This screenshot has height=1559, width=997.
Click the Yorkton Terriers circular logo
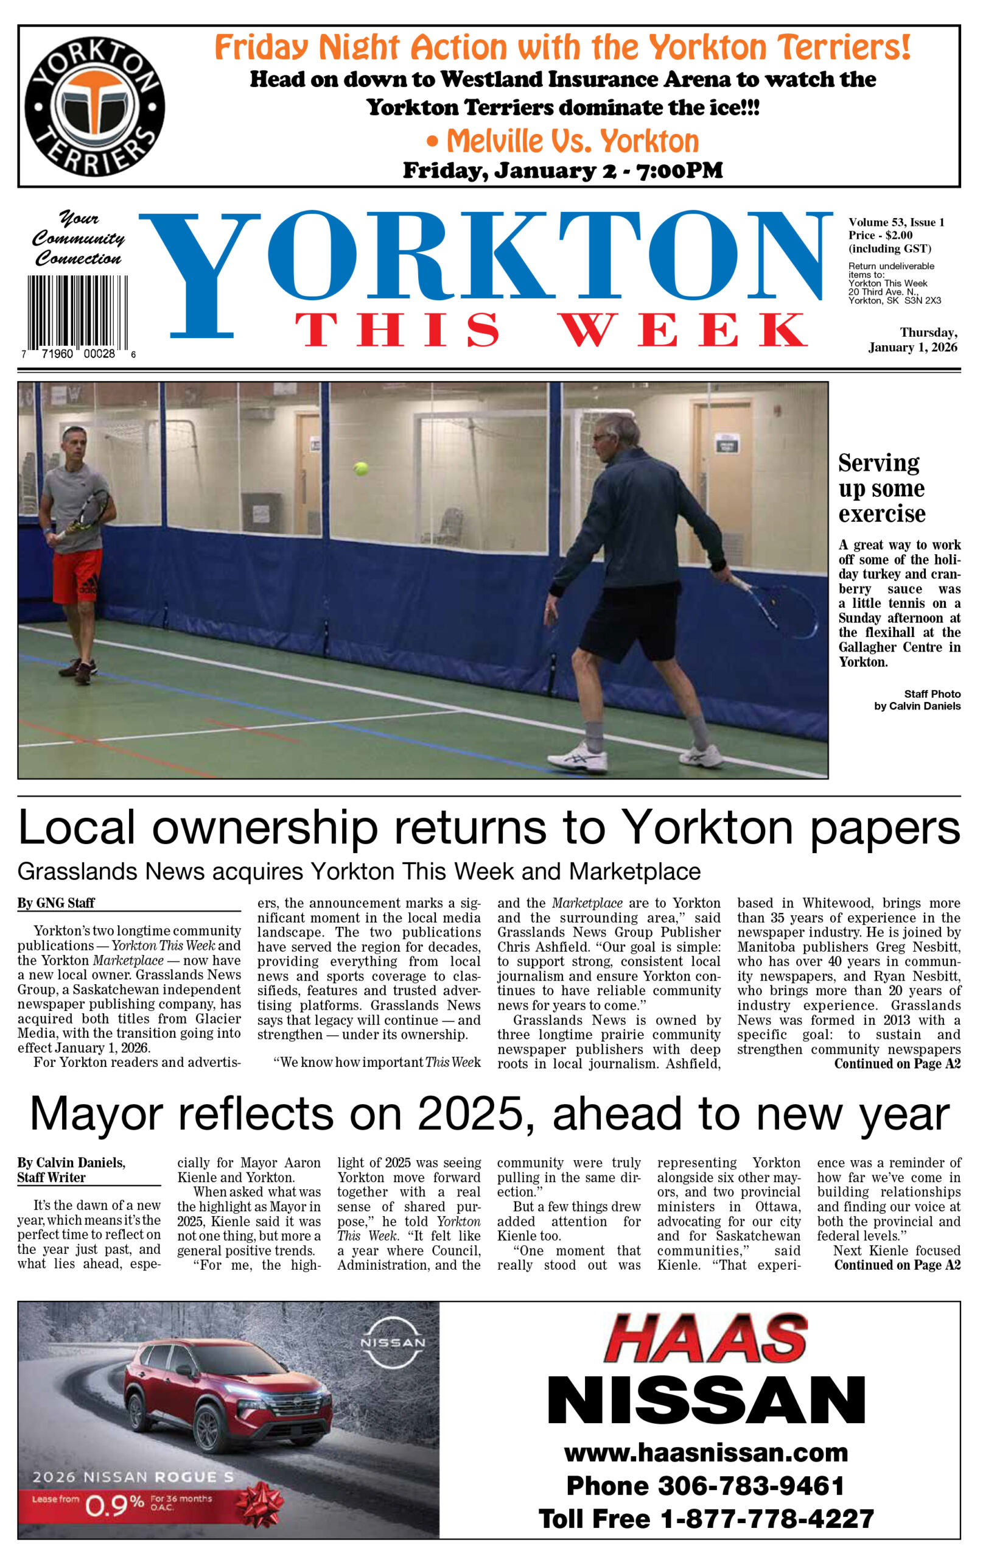coord(95,107)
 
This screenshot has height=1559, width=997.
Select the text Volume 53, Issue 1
coord(896,222)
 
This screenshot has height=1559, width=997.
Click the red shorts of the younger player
coord(77,575)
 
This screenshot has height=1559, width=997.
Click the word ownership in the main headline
coord(265,828)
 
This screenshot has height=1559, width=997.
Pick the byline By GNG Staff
coord(57,903)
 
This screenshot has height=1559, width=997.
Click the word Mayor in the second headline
coord(96,1113)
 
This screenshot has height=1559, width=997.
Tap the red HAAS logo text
coord(705,1339)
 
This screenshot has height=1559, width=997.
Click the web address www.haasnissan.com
coord(705,1453)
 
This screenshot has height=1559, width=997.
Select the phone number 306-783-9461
coord(751,1486)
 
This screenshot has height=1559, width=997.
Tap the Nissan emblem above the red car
coord(393,1343)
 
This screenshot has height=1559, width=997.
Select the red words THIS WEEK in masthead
coord(550,330)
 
